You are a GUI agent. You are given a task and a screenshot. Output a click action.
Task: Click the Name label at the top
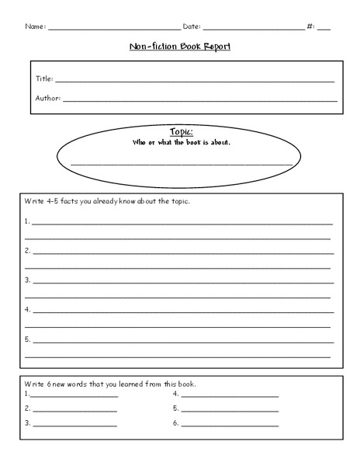coord(35,26)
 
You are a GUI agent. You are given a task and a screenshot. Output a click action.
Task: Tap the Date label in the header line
coord(191,26)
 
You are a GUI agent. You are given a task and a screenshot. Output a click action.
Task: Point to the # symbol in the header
coord(310,26)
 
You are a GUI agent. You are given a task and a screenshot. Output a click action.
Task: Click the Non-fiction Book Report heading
coord(180,46)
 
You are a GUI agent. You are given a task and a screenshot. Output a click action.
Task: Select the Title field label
coord(44,78)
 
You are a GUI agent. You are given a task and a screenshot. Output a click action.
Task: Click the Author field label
coord(48,98)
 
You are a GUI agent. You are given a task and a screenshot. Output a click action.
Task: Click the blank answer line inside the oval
coord(180,163)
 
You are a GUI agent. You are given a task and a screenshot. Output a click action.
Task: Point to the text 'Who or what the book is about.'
coord(180,143)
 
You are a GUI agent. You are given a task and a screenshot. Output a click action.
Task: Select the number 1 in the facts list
coord(27,221)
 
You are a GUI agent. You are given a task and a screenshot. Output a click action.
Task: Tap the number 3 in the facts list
coord(27,279)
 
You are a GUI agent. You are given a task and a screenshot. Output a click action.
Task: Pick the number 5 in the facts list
coord(27,339)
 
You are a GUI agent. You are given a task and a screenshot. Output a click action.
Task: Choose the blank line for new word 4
coord(229,396)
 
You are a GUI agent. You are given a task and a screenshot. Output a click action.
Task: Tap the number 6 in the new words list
coord(175,423)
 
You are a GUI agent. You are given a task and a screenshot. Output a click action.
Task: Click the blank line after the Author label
coord(200,101)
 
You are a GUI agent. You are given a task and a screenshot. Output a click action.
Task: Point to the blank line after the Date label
coord(253,29)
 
